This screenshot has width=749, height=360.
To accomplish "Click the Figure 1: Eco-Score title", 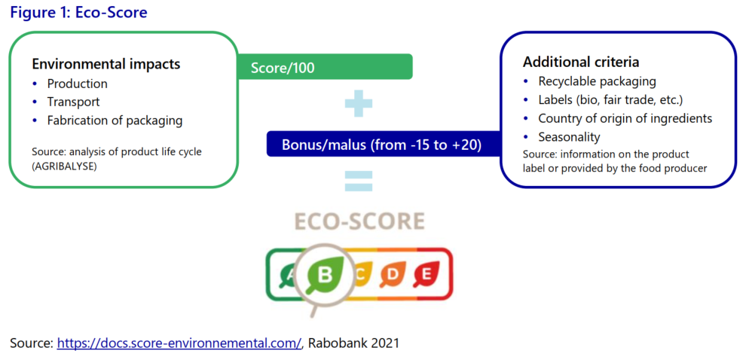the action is (79, 12).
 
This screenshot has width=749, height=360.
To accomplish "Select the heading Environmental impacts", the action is (106, 64).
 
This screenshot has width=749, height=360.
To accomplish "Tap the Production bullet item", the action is (77, 84).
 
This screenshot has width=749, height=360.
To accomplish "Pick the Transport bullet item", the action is (73, 102).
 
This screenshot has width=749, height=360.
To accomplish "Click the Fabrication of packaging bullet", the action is (115, 121).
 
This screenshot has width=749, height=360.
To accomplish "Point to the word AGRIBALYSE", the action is (62, 165).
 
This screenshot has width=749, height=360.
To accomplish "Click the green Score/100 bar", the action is (326, 67).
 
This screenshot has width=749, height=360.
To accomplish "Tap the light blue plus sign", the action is (358, 104).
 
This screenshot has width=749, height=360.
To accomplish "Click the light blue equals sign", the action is (359, 181).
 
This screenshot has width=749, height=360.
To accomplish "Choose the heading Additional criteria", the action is (581, 62).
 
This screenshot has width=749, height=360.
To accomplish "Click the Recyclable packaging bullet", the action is (597, 81).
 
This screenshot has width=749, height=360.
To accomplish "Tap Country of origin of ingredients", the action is (625, 118).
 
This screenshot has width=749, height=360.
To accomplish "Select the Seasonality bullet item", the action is (569, 137).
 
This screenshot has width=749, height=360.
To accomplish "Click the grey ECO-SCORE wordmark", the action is (359, 222).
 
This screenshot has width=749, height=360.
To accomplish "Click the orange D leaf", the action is (393, 275).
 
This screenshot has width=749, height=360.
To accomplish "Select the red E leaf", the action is (426, 275).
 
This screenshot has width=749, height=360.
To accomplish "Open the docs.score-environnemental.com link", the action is (179, 343).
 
